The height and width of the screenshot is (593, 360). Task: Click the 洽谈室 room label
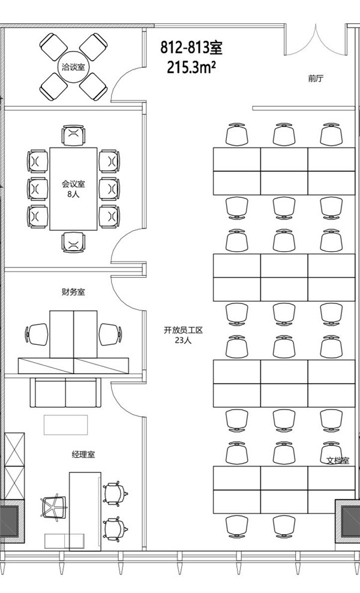coord(74,67)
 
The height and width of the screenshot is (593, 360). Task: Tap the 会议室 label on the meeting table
coord(73,184)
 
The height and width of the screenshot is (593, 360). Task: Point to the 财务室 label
coord(73,292)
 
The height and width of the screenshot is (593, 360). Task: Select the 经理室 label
coord(83,454)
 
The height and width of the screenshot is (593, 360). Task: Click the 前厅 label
coord(316,79)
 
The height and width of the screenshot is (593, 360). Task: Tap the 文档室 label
coord(338,461)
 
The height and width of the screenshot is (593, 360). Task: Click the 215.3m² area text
coord(192,67)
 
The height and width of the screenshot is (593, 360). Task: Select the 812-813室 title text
coord(192,47)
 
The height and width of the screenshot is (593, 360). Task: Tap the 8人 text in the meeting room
coord(73,194)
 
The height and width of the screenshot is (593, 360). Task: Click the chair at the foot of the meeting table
coord(73,242)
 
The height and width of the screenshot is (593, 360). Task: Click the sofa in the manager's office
coord(65,393)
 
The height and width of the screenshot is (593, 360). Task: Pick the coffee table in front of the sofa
coord(65,425)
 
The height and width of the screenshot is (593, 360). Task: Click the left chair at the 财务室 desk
coord(38,334)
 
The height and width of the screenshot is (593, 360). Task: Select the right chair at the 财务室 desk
coord(110,334)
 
